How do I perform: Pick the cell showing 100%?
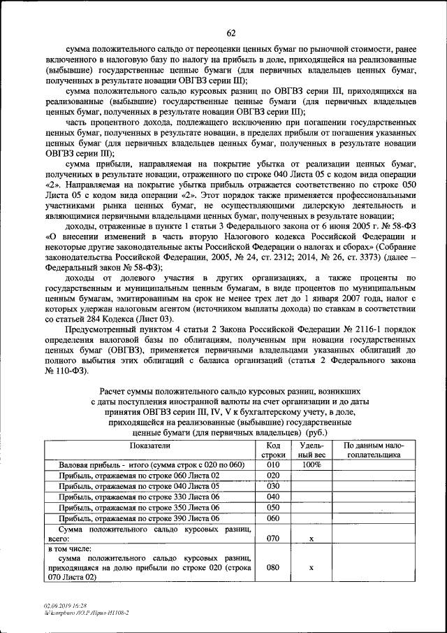310,465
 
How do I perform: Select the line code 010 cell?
273,465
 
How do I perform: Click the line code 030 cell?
273,486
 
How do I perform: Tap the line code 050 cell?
273,508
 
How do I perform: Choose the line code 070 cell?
273,539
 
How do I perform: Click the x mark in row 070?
310,539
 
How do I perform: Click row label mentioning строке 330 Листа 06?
140,497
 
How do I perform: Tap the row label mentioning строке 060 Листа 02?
140,476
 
